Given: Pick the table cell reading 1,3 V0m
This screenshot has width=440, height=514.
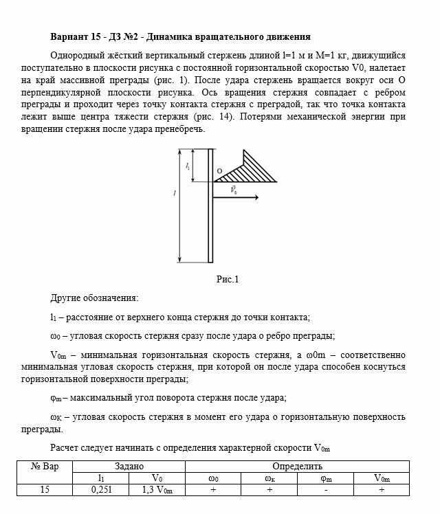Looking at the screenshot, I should pyautogui.click(x=157, y=490).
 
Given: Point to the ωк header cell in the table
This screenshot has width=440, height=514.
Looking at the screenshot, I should pyautogui.click(x=269, y=478).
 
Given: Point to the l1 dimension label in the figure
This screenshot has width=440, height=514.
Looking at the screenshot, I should pyautogui.click(x=188, y=166).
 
